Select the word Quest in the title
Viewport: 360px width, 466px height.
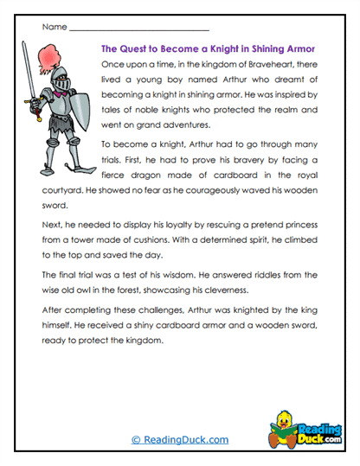coord(138,49)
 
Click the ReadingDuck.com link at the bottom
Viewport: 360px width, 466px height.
coord(180,439)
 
